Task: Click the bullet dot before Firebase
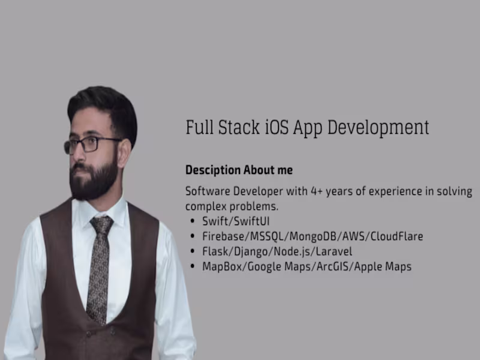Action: (191, 237)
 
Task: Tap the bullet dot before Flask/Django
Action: (191, 252)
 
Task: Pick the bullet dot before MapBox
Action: (191, 267)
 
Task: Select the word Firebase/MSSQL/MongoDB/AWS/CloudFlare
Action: (313, 236)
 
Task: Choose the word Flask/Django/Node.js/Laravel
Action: (277, 251)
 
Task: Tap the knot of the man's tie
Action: (101, 225)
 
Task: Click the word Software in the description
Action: (207, 191)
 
